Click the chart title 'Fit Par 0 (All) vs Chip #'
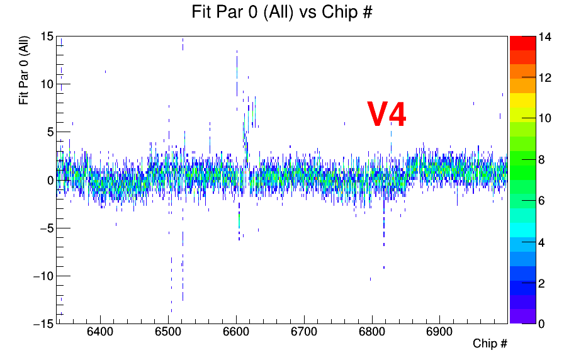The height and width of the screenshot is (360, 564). (282, 13)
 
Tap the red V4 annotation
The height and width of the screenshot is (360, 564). (386, 114)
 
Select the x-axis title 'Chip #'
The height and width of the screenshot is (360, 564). (490, 344)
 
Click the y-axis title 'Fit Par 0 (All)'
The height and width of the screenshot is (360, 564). (24, 70)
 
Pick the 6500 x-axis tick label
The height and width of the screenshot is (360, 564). (167, 332)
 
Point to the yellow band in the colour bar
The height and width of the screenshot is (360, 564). (522, 99)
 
